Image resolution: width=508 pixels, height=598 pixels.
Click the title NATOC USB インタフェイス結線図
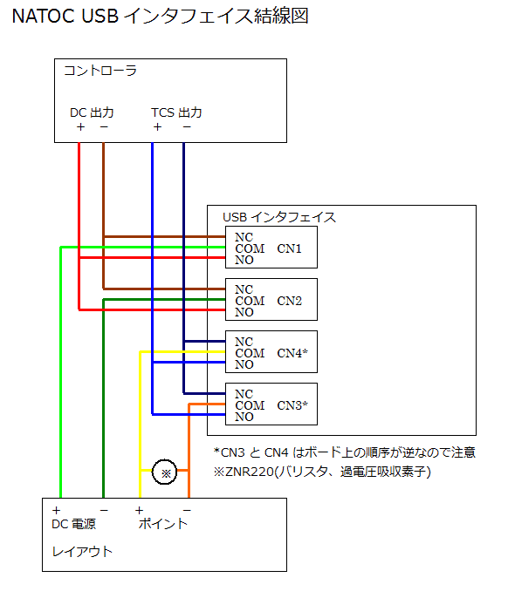point(160,16)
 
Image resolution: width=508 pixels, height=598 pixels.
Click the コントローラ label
point(100,71)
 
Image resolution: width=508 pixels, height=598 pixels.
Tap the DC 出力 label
point(92,112)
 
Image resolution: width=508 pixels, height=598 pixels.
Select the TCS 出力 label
point(176,112)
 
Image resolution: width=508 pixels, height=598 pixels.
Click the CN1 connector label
point(289,248)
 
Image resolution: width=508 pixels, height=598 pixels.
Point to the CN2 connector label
point(289,301)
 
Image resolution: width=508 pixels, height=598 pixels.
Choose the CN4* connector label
point(292,353)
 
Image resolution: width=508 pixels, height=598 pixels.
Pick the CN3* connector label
point(292,405)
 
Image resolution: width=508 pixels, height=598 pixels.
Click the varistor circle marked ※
point(165,472)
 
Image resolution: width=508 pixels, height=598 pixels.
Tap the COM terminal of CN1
point(250,248)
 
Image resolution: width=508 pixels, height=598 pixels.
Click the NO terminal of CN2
point(244,312)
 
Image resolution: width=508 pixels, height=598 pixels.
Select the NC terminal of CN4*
point(244,342)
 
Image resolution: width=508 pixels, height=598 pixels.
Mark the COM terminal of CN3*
point(250,405)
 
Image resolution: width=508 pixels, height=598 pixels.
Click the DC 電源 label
point(73,524)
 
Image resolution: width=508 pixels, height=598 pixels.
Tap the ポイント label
point(163,524)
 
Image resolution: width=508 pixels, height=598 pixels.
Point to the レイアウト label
point(82,552)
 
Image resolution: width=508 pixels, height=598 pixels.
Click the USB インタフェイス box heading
point(279,217)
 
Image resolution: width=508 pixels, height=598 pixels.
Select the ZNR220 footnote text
point(322,472)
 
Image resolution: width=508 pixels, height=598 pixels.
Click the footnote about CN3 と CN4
point(345,452)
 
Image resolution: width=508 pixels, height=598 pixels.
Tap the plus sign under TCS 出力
point(157,127)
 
